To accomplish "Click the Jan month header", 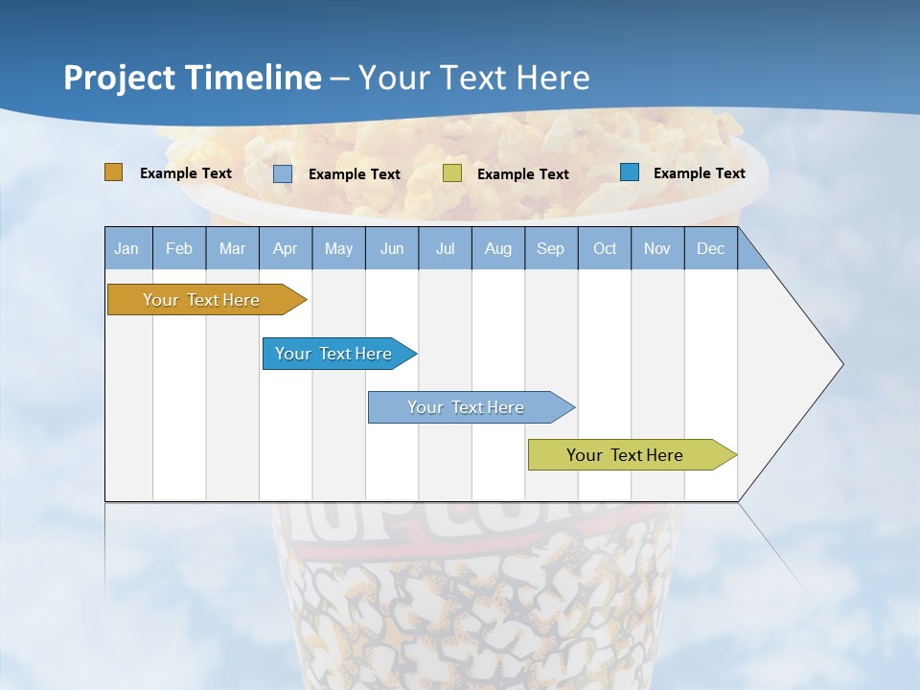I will click(127, 248).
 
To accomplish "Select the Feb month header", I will click(179, 248).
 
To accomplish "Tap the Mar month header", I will click(232, 248).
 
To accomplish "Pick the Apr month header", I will click(286, 248).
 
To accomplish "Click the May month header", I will click(338, 248).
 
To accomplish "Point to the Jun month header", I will click(392, 248).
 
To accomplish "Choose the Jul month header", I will click(445, 248).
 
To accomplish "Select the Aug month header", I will click(498, 248).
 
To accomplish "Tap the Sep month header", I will click(551, 248).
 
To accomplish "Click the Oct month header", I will click(605, 248).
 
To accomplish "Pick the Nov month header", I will click(657, 248).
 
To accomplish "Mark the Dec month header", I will click(711, 248).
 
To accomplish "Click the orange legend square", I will click(113, 172).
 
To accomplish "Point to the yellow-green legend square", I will click(452, 173).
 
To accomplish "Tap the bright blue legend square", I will click(630, 172).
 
